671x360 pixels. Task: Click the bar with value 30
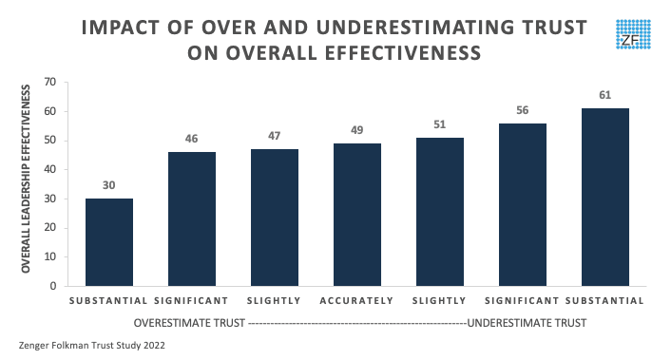click(x=109, y=241)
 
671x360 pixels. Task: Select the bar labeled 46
click(x=192, y=218)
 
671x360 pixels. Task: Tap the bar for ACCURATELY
click(x=356, y=214)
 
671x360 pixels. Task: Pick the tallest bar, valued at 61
click(x=604, y=197)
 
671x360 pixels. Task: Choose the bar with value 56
click(x=522, y=204)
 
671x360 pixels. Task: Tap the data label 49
click(x=356, y=128)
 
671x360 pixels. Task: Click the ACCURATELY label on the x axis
click(x=356, y=301)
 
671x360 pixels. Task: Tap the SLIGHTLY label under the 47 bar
click(x=274, y=301)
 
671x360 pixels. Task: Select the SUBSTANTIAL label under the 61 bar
click(x=604, y=301)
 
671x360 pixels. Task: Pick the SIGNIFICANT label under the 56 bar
click(x=522, y=301)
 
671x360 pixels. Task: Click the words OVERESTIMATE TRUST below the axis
click(x=190, y=323)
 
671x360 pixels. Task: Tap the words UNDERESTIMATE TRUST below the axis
click(x=526, y=323)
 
